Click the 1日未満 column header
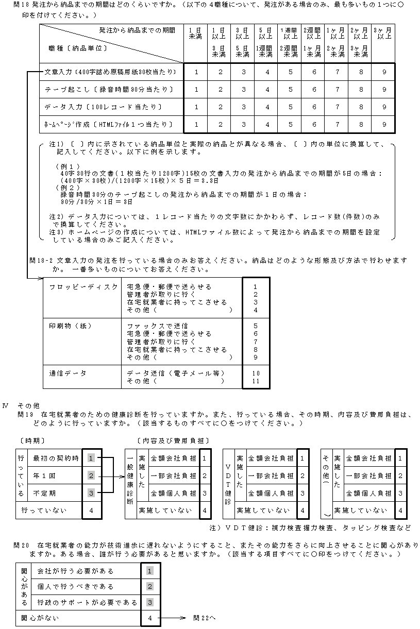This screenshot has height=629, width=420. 195,33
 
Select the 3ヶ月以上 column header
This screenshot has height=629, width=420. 384,33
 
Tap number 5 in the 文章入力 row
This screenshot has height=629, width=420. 290,72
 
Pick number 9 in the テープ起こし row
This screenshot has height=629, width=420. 384,90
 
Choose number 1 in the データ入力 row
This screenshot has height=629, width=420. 196,107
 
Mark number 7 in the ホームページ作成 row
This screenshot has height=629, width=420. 337,125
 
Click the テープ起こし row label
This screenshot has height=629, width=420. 109,90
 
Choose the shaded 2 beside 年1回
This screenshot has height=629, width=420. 92,475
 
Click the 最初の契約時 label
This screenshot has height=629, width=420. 56,457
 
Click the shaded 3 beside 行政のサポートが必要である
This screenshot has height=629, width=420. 150,602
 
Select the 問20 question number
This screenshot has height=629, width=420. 24,545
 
